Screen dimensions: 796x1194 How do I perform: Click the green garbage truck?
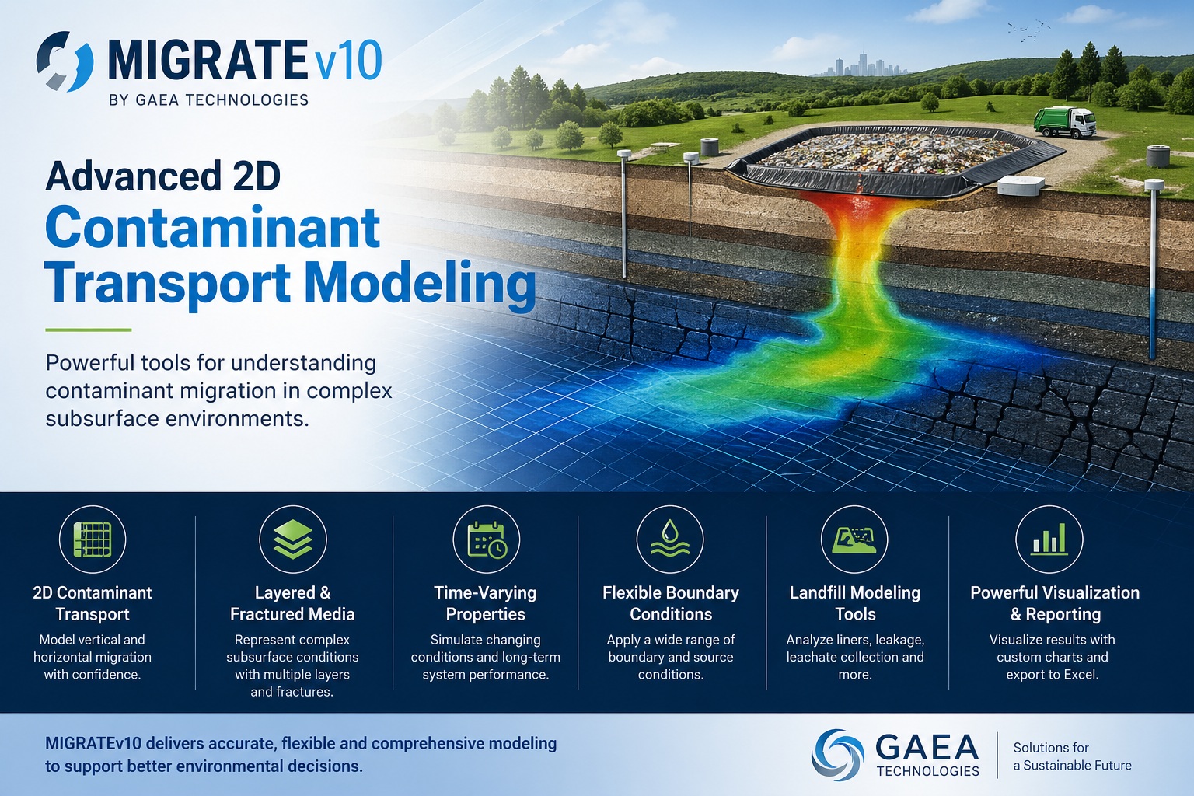pos(1064,122)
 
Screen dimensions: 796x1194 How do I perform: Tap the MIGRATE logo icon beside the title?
pos(65,61)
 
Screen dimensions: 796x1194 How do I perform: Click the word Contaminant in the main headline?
pos(212,228)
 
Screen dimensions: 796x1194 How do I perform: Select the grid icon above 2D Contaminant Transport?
pos(93,539)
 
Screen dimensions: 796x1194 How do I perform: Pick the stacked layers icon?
pos(292,539)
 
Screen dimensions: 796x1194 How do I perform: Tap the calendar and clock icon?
pos(487,539)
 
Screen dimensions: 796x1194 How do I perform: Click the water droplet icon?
pos(670,539)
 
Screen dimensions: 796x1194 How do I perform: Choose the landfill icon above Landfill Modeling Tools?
pos(854,539)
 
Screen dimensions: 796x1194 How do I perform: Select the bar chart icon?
pos(1049,539)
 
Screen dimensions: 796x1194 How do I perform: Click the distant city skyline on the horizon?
pos(859,65)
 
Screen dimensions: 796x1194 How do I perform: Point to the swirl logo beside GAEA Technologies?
pos(837,754)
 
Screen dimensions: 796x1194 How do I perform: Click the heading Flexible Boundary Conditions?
pos(671,603)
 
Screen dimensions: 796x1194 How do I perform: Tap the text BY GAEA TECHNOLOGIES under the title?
pos(209,100)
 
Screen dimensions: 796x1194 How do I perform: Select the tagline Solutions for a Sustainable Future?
pos(1072,756)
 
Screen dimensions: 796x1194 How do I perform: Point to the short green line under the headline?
pos(88,330)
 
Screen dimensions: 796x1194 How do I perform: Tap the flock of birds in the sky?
pos(1024,30)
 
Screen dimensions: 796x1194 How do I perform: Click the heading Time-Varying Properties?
pos(486,603)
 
